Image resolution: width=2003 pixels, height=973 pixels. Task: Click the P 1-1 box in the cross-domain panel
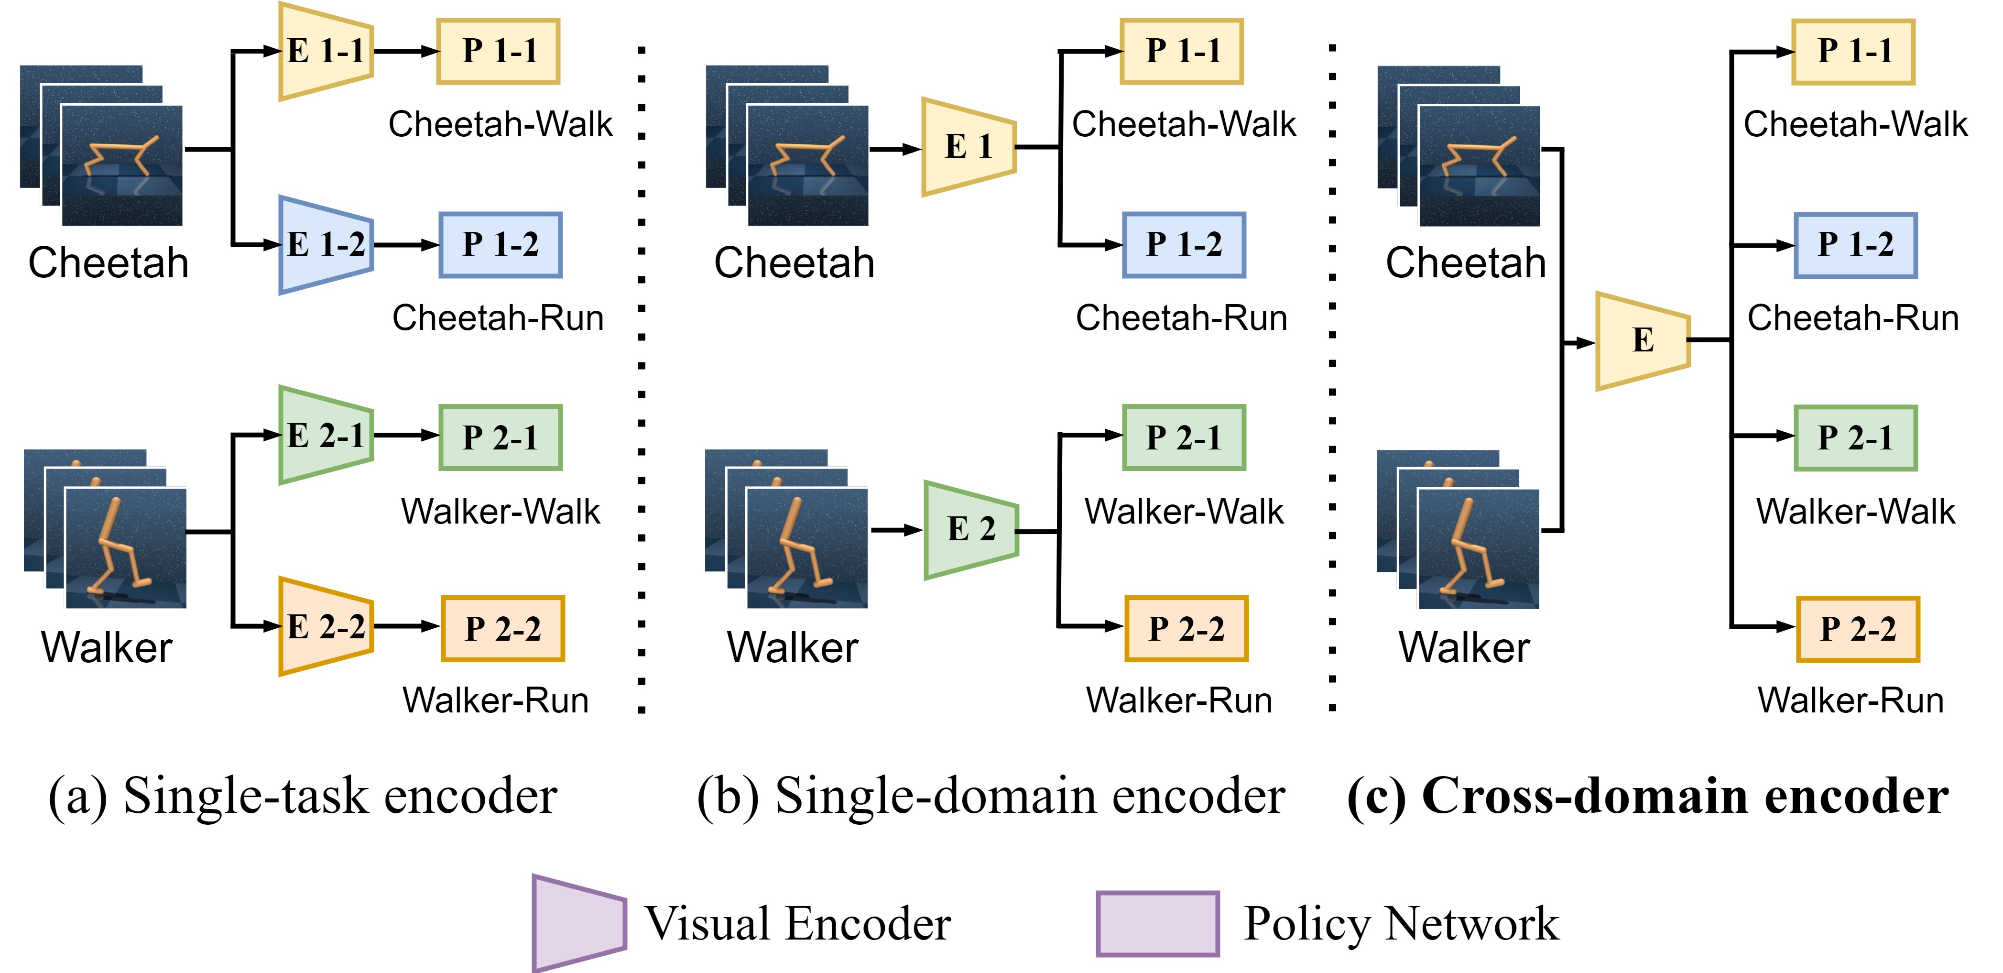1854,51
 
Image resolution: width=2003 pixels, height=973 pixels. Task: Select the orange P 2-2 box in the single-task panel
503,628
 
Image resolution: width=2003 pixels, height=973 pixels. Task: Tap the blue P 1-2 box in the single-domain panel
1184,245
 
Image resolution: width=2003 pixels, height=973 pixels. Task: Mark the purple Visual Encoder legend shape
579,923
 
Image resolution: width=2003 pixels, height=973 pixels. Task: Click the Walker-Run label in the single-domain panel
1179,700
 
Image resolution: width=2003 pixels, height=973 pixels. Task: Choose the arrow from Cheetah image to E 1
895,149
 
